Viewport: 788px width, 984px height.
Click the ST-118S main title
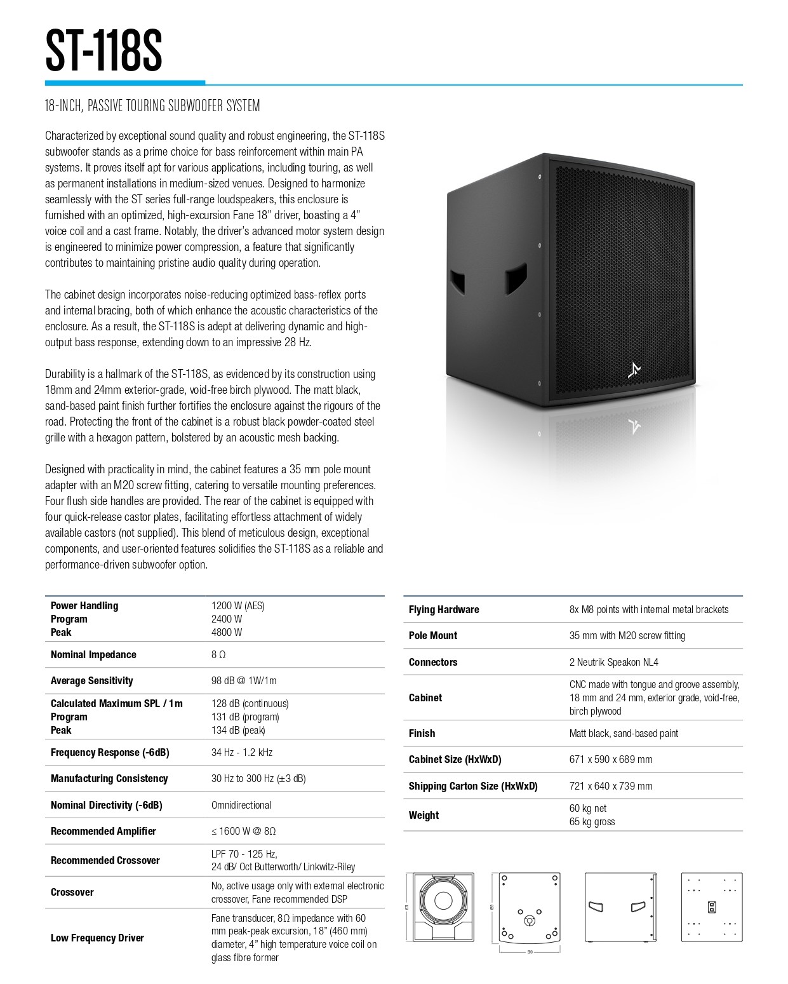coord(104,50)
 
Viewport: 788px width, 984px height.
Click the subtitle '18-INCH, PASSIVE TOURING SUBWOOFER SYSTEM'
coord(152,105)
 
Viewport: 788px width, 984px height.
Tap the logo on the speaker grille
coord(634,370)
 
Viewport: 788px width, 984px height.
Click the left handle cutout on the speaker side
coord(457,279)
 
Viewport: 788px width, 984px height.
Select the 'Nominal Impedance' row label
coord(93,654)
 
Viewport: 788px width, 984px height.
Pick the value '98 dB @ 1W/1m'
coord(244,680)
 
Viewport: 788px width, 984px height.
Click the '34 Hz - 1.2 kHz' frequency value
coord(241,752)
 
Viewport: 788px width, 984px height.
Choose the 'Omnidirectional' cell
coord(241,805)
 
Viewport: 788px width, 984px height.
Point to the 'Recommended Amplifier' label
coord(104,831)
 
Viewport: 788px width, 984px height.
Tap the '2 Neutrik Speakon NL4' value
coord(613,662)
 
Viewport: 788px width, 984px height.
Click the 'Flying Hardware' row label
coord(444,609)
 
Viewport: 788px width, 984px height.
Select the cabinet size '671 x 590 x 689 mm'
coord(610,759)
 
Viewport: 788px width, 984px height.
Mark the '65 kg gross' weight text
coord(592,821)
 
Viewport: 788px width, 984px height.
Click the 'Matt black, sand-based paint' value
coord(624,733)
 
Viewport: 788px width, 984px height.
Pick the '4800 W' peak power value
coord(227,632)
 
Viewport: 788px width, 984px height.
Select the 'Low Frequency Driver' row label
coord(97,938)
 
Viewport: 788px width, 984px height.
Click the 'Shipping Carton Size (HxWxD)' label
coord(473,786)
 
